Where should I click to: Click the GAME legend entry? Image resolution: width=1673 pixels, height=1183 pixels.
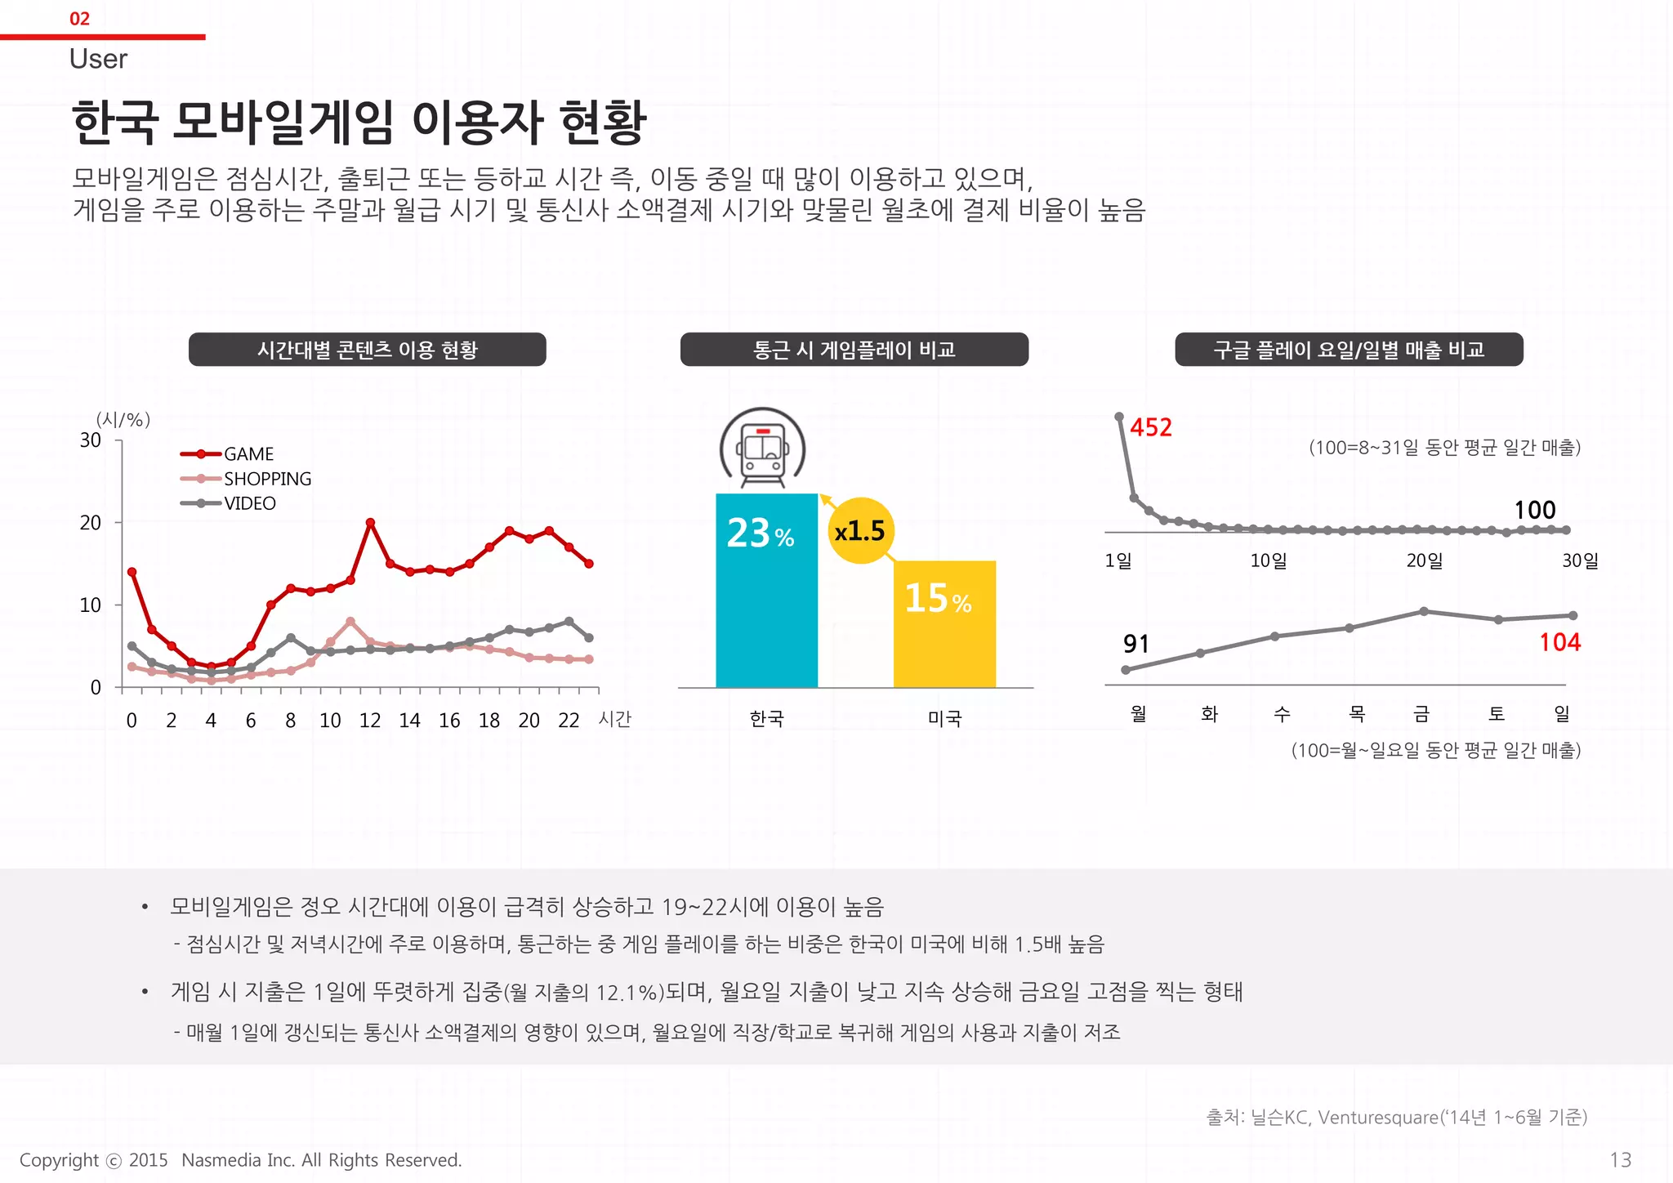248,454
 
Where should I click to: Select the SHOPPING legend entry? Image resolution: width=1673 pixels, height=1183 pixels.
266,479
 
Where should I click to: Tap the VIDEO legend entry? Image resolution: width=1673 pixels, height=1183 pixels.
249,503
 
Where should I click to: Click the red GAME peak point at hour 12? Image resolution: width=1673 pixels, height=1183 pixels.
370,522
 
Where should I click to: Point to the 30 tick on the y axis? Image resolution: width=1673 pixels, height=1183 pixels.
91,441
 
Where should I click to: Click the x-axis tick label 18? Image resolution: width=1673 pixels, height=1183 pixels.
489,721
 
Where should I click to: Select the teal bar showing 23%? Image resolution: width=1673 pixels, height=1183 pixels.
766,590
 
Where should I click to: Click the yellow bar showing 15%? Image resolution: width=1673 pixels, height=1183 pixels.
944,624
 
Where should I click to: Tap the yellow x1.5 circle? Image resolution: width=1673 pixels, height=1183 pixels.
860,531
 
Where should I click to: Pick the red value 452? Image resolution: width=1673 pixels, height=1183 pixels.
1150,427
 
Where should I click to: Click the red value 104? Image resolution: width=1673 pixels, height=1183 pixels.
1559,643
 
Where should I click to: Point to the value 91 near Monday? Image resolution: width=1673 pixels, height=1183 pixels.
1135,645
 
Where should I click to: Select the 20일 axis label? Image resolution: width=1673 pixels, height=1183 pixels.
1424,561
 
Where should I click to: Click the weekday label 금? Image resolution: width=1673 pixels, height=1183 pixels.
1421,715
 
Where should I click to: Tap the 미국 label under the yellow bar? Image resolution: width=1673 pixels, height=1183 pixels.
944,719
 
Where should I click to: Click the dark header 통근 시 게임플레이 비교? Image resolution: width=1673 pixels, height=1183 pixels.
854,350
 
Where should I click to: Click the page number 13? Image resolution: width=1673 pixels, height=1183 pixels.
1620,1160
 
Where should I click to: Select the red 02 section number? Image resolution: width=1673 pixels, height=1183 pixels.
79,19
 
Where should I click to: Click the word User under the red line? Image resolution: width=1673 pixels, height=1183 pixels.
98,59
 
